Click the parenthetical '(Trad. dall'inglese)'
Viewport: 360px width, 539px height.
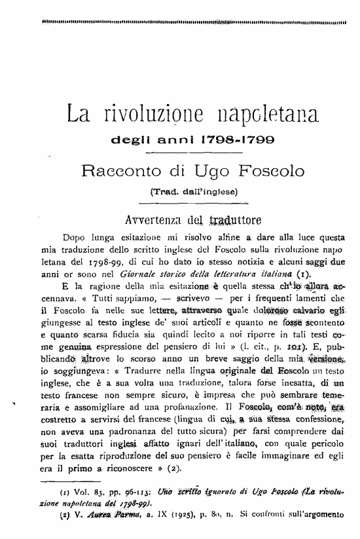[x=193, y=192]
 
